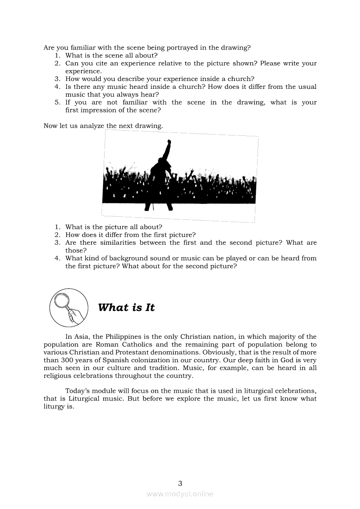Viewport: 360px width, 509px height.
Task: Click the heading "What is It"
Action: [x=126, y=307]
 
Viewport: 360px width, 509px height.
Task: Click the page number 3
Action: [x=180, y=483]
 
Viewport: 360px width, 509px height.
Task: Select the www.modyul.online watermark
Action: [x=180, y=494]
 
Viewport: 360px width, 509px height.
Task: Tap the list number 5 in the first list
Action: [x=57, y=102]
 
